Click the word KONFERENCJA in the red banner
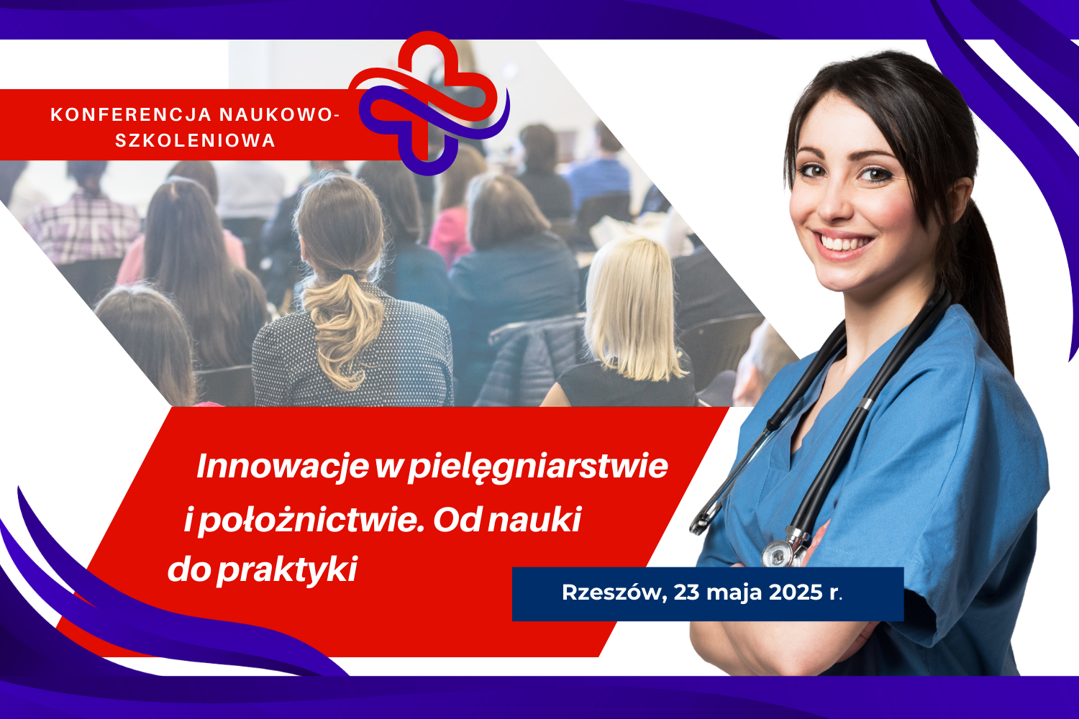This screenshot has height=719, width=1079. (131, 114)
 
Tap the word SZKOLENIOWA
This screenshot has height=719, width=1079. (195, 141)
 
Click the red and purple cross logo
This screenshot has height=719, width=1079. (429, 103)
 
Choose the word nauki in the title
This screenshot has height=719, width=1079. (534, 520)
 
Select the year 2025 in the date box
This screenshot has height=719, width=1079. (796, 592)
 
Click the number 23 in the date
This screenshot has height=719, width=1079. (686, 592)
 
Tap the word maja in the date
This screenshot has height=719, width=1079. (734, 594)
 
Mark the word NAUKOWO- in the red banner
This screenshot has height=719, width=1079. (280, 114)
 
